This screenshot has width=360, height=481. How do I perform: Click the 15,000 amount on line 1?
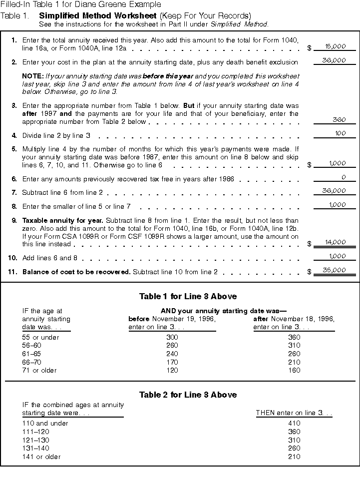(x=335, y=46)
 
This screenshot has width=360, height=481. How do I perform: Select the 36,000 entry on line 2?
(x=335, y=60)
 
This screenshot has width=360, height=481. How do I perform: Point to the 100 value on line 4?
(x=340, y=133)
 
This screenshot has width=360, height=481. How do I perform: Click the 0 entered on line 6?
(x=344, y=177)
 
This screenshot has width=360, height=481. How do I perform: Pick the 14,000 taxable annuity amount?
(x=335, y=242)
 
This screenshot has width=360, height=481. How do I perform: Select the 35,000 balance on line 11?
(x=335, y=270)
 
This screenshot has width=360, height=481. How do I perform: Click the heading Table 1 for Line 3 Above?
(x=180, y=297)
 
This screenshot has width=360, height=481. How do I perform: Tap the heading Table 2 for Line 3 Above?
(x=180, y=395)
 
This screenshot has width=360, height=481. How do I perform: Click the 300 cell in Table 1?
(x=172, y=337)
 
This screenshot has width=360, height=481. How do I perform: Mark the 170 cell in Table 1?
(x=172, y=362)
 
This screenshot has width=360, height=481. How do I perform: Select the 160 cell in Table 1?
(x=294, y=370)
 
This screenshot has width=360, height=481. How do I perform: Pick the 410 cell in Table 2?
(x=294, y=423)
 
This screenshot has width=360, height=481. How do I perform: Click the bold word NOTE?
(x=32, y=76)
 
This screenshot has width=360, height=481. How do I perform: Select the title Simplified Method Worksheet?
(x=95, y=16)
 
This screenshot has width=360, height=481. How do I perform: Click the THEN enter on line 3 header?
(x=294, y=413)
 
